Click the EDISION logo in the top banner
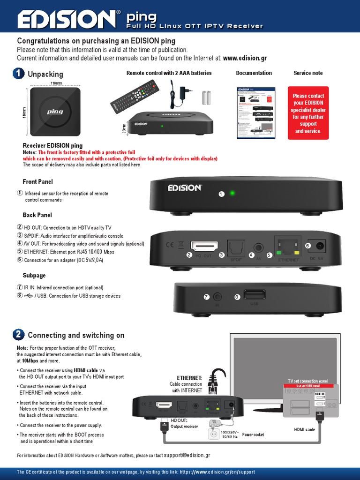[67, 20]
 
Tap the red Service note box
[308, 113]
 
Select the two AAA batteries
[207, 97]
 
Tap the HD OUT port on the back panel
[204, 246]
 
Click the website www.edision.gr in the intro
[245, 58]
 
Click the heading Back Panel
[37, 215]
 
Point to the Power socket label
[253, 435]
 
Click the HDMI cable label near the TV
[305, 429]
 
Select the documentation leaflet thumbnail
[255, 112]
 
